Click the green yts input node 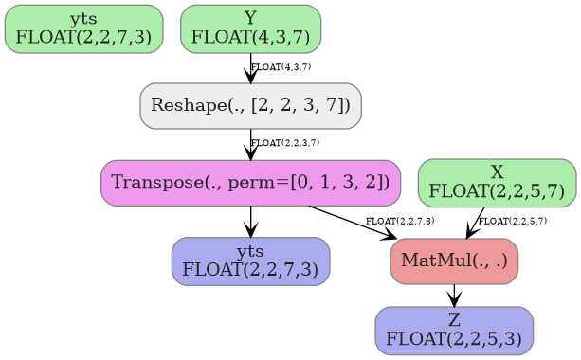tap(83, 28)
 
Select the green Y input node tap(250, 28)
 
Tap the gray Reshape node tap(250, 105)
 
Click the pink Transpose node tap(250, 182)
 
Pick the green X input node tap(497, 182)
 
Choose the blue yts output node tap(250, 261)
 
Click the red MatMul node tap(454, 261)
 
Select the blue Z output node tap(454, 330)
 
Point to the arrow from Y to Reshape tap(250, 68)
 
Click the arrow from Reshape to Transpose tap(250, 145)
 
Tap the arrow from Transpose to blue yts tap(250, 221)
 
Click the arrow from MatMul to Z tap(454, 296)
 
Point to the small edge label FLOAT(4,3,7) tap(281, 67)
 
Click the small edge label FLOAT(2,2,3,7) tap(284, 143)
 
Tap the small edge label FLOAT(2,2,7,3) tap(400, 221)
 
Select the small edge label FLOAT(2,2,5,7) tap(512, 221)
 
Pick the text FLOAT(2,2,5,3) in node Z tap(454, 337)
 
